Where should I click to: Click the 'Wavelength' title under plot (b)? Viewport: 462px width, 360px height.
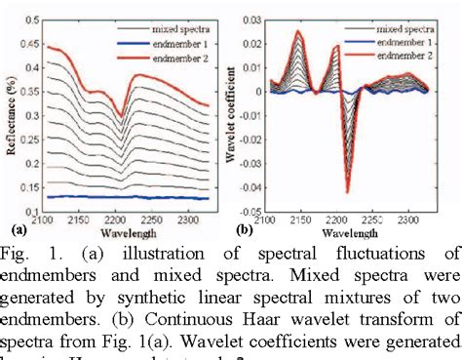click(349, 234)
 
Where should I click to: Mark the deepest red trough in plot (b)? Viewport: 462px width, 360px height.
click(346, 191)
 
